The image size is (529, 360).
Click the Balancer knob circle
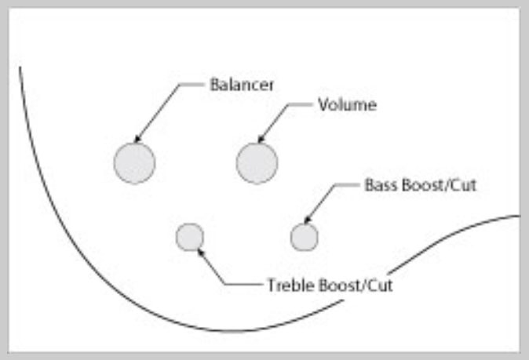point(134,163)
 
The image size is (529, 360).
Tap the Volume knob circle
point(257,163)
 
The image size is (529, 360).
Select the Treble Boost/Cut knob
point(190,236)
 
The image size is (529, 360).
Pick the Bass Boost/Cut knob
point(305,236)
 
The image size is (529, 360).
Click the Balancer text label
point(242,85)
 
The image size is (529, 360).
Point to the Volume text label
point(347,104)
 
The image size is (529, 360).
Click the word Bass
point(378,187)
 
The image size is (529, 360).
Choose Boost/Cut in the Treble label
point(352,285)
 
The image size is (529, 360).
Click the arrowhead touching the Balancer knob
point(138,140)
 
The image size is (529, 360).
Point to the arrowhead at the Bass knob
point(307,221)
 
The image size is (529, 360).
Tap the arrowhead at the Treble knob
point(201,251)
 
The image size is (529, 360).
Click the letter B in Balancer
point(213,85)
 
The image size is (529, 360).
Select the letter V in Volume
point(322,104)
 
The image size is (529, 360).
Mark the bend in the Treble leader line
point(226,285)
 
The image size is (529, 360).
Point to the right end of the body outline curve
point(518,216)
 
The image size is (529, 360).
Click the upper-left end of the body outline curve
point(20,67)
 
